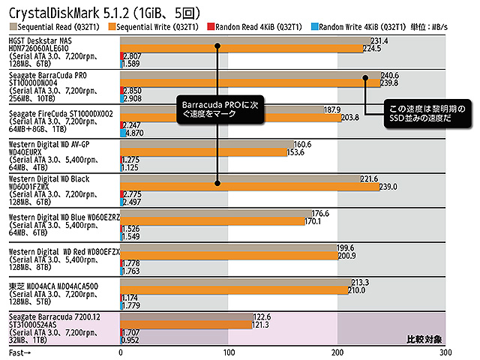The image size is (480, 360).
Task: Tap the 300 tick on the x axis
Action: (445, 352)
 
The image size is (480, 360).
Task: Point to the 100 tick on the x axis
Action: (229, 352)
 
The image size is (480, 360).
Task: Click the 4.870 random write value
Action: (134, 133)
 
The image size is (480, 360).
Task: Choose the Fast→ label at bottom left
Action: (20, 352)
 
